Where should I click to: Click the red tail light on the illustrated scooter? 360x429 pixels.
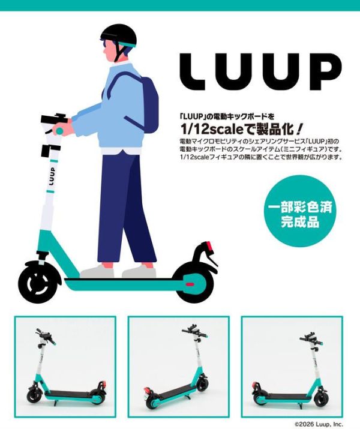(x=209, y=247)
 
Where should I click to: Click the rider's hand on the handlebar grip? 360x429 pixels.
(x=61, y=129)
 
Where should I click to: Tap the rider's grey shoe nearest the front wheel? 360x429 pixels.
(x=96, y=272)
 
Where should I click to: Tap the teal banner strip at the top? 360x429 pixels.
(x=180, y=5)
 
